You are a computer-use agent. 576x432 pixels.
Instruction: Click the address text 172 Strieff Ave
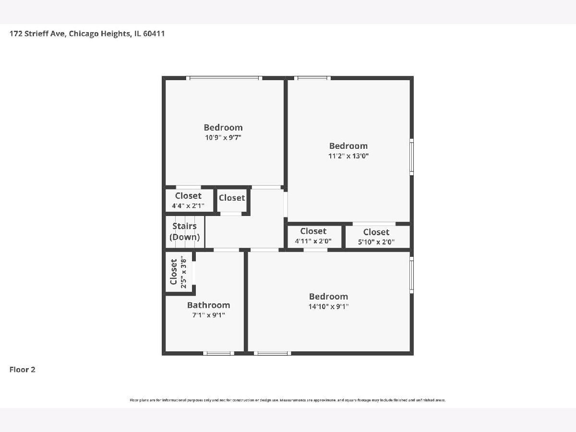37,34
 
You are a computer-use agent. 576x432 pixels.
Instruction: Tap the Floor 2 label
22,370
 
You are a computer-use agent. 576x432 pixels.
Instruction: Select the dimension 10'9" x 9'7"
223,137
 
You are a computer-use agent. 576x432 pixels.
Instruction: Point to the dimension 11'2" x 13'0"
348,156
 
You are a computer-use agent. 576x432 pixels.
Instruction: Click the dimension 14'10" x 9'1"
328,306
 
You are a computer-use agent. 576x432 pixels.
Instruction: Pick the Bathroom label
209,305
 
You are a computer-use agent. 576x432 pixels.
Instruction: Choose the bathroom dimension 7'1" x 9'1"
209,315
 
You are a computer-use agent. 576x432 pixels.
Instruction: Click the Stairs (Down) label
184,232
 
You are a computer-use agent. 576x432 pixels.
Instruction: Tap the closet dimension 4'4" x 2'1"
188,205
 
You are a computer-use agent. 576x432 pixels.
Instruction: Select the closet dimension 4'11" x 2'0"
313,241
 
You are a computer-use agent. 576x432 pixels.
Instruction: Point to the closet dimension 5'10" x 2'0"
376,242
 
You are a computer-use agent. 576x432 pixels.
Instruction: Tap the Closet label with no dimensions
232,198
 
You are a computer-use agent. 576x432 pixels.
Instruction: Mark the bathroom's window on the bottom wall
218,353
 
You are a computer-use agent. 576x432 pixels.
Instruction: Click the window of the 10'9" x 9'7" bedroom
224,78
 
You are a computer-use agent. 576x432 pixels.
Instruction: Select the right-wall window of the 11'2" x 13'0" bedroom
412,157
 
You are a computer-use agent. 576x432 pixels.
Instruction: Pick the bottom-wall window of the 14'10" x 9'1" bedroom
272,353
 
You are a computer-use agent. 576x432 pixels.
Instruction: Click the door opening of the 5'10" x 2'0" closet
374,224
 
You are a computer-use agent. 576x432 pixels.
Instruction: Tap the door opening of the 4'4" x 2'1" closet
189,187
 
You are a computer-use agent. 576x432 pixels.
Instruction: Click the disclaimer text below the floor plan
288,400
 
